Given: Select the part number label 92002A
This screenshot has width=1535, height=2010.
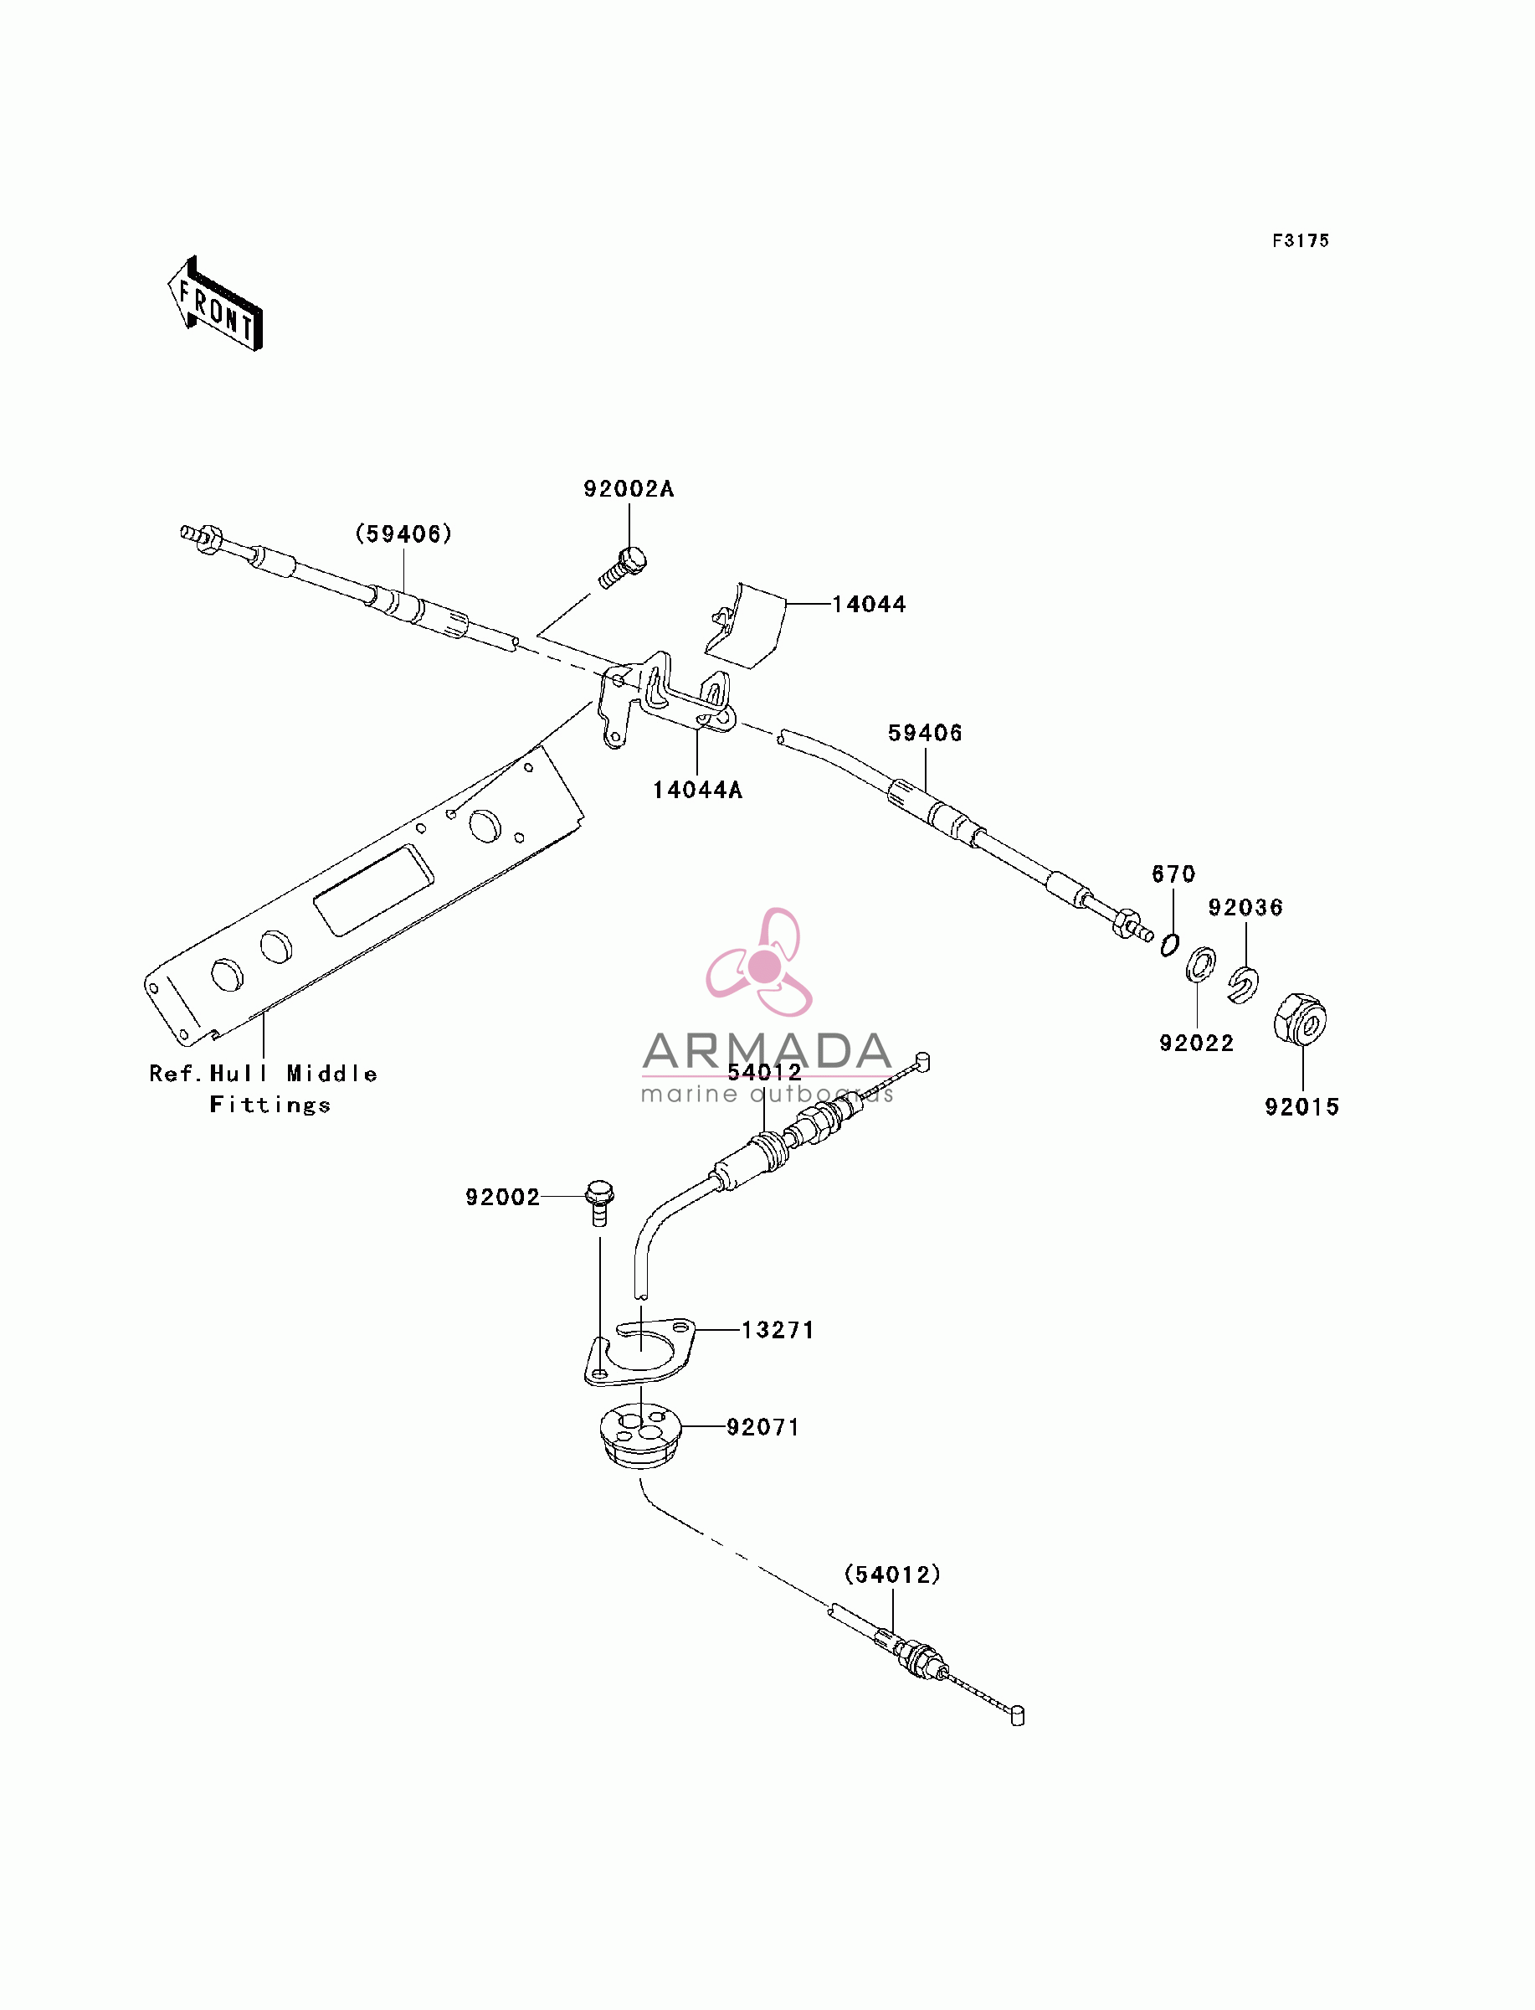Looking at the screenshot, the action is (x=629, y=489).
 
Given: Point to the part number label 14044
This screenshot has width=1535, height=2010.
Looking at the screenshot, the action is (x=869, y=604).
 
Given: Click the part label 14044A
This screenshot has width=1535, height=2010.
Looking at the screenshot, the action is (x=698, y=790).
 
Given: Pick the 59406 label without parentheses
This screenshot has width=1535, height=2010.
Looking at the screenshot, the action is (x=925, y=733).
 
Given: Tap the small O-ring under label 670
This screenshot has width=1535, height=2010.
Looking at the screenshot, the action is (x=1169, y=944).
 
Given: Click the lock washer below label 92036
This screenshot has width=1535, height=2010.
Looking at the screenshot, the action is (x=1243, y=983).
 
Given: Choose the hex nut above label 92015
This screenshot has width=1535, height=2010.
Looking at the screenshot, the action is (x=1300, y=1018).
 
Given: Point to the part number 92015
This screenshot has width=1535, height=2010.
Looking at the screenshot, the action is (x=1302, y=1107).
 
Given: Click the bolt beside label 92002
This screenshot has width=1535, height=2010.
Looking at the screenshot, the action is (x=599, y=1203).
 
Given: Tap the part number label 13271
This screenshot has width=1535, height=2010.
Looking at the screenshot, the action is (x=778, y=1330).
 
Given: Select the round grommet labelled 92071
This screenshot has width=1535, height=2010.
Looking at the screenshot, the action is (x=640, y=1440).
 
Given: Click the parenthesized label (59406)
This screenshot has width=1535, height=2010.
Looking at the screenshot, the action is (x=404, y=533).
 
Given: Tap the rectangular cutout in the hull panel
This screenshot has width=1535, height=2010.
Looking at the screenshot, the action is (x=373, y=889).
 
